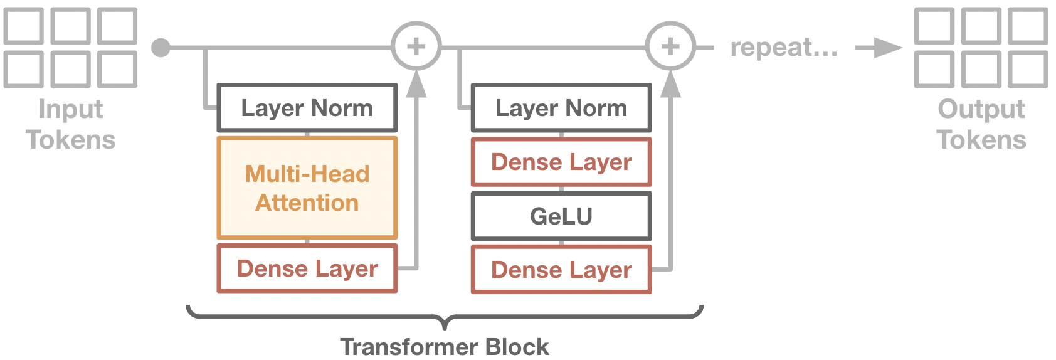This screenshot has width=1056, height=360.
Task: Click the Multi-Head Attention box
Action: click(x=307, y=188)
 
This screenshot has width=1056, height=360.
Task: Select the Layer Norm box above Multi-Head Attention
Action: click(x=307, y=108)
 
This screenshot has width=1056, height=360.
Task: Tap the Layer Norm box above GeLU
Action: click(x=561, y=108)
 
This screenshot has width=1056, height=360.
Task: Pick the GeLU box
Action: click(x=561, y=216)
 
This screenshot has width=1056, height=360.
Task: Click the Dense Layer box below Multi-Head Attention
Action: click(x=307, y=269)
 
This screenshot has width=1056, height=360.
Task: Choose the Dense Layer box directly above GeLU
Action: click(x=561, y=162)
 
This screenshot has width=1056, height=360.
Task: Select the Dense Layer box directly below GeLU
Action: click(x=561, y=270)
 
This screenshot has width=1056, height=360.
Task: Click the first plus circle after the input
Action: click(x=416, y=46)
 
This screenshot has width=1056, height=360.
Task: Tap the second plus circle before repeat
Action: click(x=670, y=46)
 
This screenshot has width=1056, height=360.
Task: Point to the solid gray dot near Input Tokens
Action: click(x=161, y=48)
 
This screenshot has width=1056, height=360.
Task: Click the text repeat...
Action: click(x=784, y=48)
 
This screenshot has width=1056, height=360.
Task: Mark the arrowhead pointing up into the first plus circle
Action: click(x=416, y=85)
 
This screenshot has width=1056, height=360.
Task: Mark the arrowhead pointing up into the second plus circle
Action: click(x=670, y=85)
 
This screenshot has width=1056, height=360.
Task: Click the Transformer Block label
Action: click(x=444, y=347)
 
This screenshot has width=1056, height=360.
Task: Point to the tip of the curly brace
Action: click(x=445, y=326)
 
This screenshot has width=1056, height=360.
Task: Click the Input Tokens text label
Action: click(x=71, y=124)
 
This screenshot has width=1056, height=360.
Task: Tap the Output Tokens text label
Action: click(x=981, y=124)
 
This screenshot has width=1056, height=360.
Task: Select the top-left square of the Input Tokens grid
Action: click(x=24, y=26)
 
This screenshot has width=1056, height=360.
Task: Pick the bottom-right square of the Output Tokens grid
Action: click(x=1027, y=69)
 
